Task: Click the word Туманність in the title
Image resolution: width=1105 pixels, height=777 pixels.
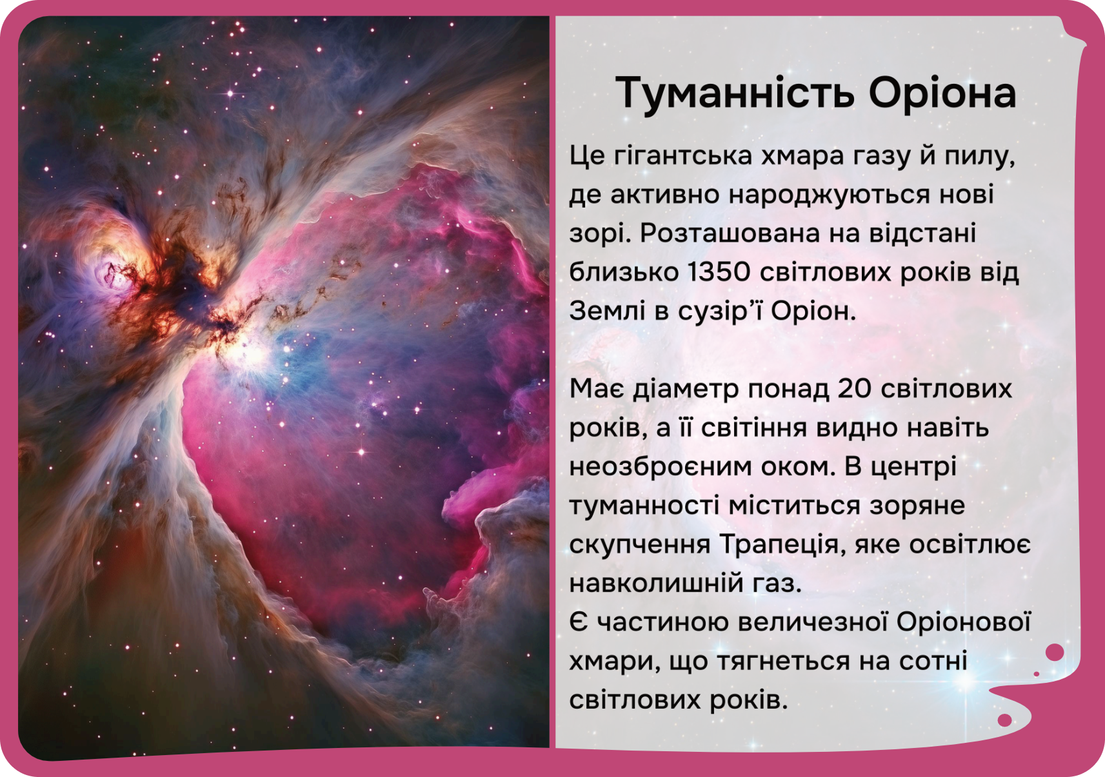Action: click(735, 93)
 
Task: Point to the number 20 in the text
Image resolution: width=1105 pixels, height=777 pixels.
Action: click(855, 388)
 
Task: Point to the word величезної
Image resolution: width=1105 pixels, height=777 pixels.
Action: click(813, 622)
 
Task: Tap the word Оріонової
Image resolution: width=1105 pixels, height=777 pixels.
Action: click(964, 622)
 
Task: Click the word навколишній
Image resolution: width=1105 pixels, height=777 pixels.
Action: click(657, 584)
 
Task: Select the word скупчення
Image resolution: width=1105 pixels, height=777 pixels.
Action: click(640, 546)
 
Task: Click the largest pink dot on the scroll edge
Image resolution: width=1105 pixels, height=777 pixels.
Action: click(1055, 653)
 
